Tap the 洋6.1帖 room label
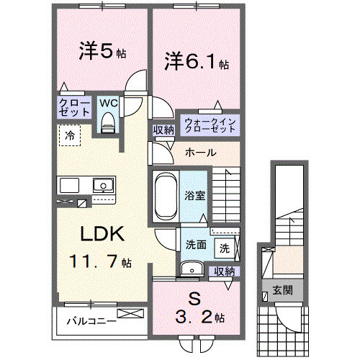pyautogui.click(x=195, y=60)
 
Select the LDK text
pyautogui.click(x=103, y=235)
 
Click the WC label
pyautogui.click(x=107, y=103)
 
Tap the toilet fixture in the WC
pyautogui.click(x=107, y=125)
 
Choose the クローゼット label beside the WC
pyautogui.click(x=73, y=108)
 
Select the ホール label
pyautogui.click(x=198, y=153)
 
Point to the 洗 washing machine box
pyautogui.click(x=224, y=249)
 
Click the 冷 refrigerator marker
pyautogui.click(x=70, y=134)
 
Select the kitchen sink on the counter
pyautogui.click(x=104, y=186)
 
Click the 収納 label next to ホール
pyautogui.click(x=163, y=130)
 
